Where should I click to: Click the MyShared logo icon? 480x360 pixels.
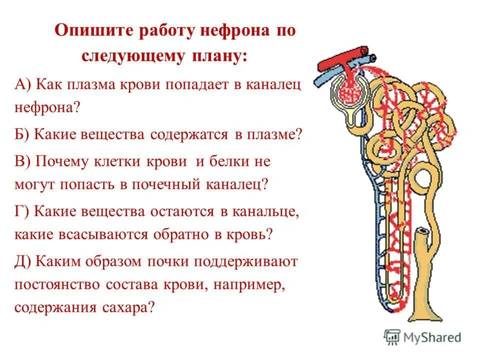391,336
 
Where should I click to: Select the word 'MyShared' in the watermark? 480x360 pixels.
433,337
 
